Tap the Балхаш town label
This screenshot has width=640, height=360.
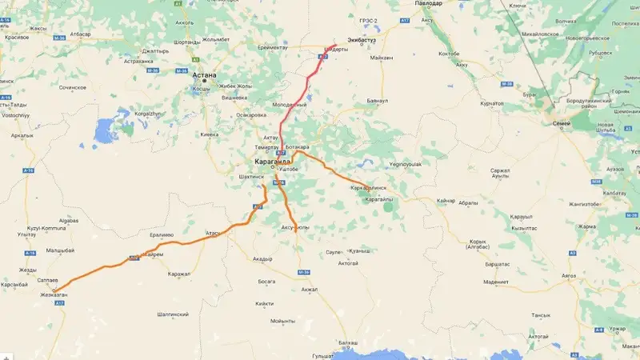(348, 342)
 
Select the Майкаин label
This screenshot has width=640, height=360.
(382, 58)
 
